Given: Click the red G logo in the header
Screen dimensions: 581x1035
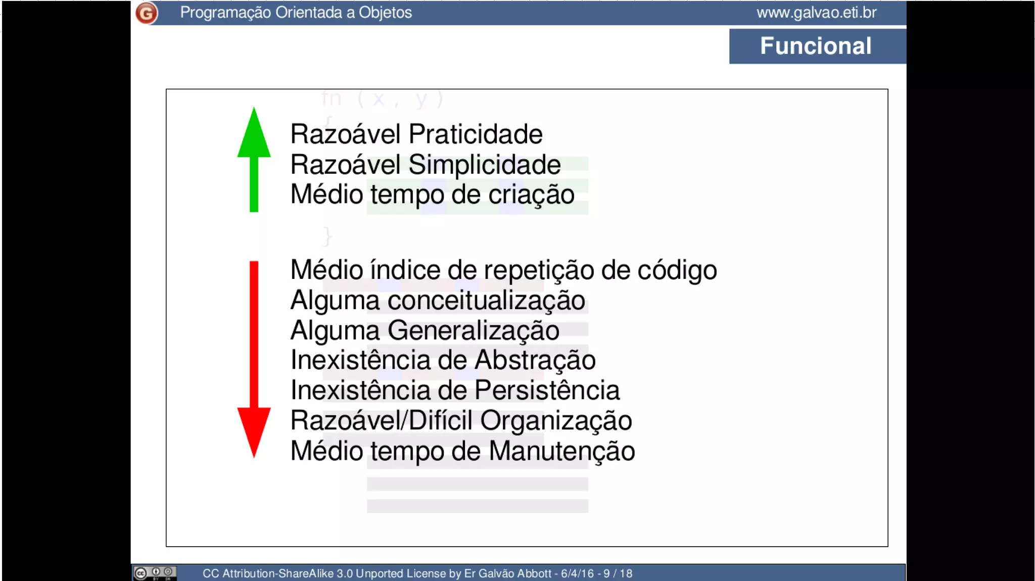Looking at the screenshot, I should point(147,13).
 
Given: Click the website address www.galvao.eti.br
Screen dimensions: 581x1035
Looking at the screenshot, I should point(816,13).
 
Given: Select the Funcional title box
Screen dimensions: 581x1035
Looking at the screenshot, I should point(817,46).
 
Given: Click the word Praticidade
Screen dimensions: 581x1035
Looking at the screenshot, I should point(475,134).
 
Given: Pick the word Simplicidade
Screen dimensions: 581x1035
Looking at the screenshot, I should point(484,165).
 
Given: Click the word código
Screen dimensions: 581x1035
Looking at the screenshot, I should point(677,270).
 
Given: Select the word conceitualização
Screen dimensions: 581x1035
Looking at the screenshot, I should point(486,301).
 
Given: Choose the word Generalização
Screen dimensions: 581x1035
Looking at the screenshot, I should point(473,331).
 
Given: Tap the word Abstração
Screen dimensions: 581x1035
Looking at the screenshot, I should point(535,361).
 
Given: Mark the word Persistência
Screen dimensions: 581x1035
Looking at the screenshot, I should point(547,391).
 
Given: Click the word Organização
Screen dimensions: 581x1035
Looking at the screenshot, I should point(555,421).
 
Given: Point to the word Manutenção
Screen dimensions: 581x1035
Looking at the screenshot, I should point(561,451).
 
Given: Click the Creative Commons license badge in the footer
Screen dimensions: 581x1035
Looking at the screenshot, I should point(155,573).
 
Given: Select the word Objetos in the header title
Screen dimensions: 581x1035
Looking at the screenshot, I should point(385,13).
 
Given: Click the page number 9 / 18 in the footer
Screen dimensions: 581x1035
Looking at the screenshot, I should point(618,573).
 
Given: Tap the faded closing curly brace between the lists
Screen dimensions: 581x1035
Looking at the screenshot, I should point(327,236).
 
